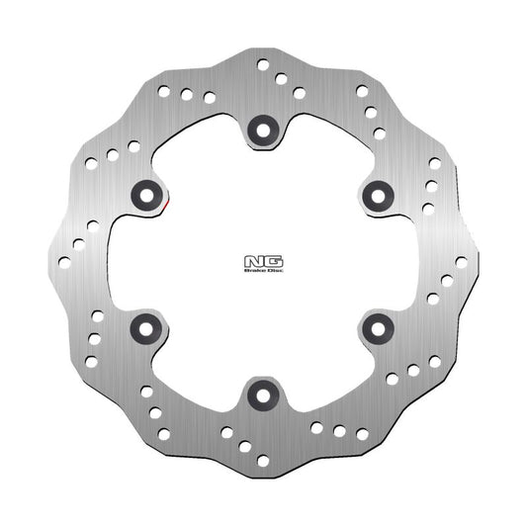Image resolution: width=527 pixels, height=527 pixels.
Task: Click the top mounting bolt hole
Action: tap(263, 128)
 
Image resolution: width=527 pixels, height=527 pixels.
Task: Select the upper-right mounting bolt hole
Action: tap(378, 195)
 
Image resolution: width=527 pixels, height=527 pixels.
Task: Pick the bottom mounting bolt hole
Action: tap(263, 395)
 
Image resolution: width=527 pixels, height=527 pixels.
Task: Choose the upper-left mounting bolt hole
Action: tap(147, 195)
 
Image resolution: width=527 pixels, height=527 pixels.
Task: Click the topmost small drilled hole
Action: tap(263, 64)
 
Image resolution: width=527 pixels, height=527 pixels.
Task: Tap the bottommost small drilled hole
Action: tap(263, 460)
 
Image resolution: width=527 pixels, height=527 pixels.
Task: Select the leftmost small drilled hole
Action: tap(64, 262)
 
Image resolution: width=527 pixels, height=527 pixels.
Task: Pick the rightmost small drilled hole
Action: tap(461, 262)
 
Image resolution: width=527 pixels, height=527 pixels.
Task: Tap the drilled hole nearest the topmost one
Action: tap(281, 78)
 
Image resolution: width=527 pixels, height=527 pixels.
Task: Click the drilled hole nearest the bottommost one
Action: tap(245, 446)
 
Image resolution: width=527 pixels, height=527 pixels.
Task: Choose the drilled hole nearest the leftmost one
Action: tap(78, 243)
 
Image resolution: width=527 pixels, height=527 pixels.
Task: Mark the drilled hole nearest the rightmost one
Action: tap(447, 280)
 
